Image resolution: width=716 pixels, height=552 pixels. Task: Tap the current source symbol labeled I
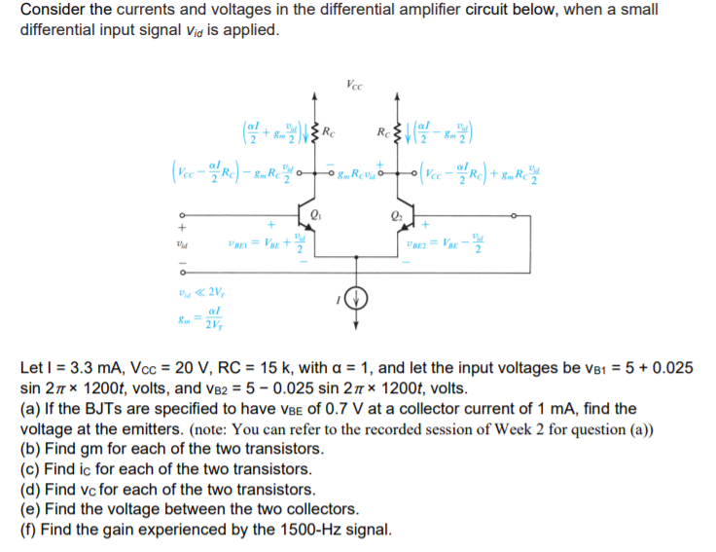point(356,296)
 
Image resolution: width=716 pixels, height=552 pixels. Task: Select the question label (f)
point(28,531)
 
